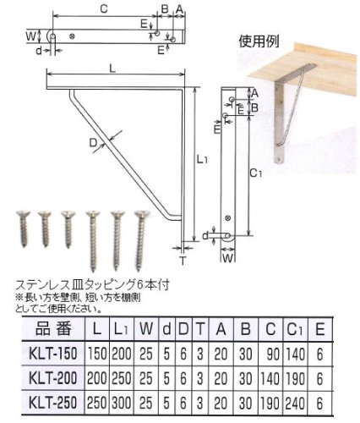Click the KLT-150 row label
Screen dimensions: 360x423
pyautogui.click(x=53, y=354)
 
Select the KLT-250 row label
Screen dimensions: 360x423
pyautogui.click(x=53, y=403)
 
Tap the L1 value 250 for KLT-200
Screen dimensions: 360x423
pyautogui.click(x=122, y=378)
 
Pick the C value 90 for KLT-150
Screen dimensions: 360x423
pyautogui.click(x=273, y=354)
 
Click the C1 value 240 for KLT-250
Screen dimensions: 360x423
pyautogui.click(x=295, y=403)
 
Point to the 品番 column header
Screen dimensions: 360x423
pyautogui.click(x=53, y=329)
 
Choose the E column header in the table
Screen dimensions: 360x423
pyautogui.click(x=320, y=329)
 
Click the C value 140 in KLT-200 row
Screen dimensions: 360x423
pyautogui.click(x=270, y=378)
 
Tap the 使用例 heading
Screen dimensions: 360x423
pyautogui.click(x=259, y=41)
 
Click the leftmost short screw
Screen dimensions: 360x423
pyautogui.click(x=23, y=228)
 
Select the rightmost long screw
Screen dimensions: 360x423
pyautogui.click(x=141, y=239)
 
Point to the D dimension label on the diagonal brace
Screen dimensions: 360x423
pyautogui.click(x=93, y=143)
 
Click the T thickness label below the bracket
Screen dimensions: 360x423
pyautogui.click(x=183, y=261)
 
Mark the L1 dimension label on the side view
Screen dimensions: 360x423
pyautogui.click(x=202, y=160)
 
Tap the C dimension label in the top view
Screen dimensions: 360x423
pyautogui.click(x=104, y=8)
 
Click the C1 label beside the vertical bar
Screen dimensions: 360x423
pyautogui.click(x=256, y=173)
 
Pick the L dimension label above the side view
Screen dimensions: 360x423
pyautogui.click(x=112, y=69)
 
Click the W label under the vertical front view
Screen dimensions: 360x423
pyautogui.click(x=228, y=258)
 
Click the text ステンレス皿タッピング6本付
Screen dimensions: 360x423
pyautogui.click(x=92, y=285)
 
